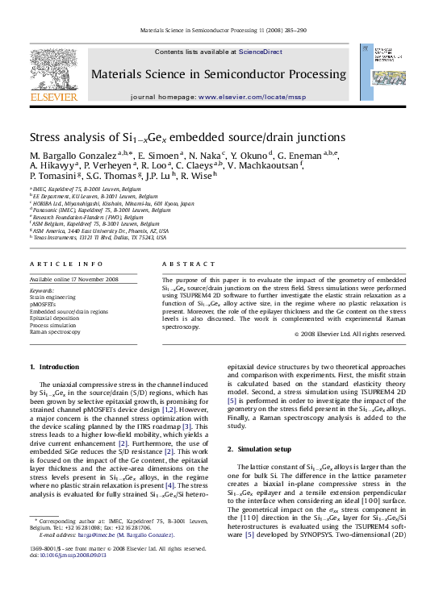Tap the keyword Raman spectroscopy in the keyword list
(55, 331)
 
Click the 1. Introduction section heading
(54, 367)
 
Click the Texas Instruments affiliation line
(98, 238)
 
